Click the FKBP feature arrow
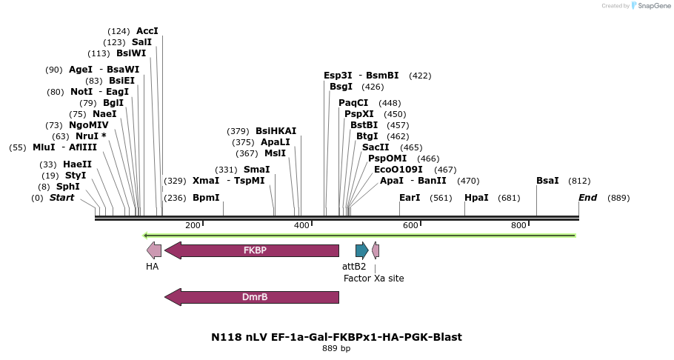point(252,250)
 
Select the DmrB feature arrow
point(252,297)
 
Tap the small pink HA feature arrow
point(154,250)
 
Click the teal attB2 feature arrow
point(361,250)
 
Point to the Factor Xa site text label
point(373,279)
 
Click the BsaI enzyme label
point(548,181)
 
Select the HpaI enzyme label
point(476,198)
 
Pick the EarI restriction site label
point(410,198)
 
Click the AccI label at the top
point(147,31)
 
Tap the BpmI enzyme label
point(206,198)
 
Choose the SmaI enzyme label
point(256,170)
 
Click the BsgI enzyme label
point(341,87)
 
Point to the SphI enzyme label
point(67,187)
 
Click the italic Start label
point(61,198)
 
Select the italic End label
point(587,198)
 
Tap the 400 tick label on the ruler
point(301,225)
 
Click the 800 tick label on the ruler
point(518,225)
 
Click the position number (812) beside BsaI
point(579,181)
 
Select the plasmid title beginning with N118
point(336,337)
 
